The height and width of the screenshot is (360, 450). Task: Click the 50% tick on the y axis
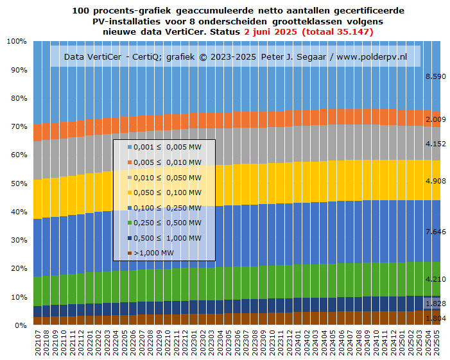(x=17, y=184)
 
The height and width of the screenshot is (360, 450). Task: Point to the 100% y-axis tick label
(x=15, y=41)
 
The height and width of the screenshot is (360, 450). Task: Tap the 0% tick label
(x=19, y=326)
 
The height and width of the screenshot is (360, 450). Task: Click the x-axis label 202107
(x=37, y=343)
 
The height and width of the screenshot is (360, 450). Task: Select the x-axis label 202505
(x=437, y=343)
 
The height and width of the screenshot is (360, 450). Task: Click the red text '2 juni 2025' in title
(x=272, y=31)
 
